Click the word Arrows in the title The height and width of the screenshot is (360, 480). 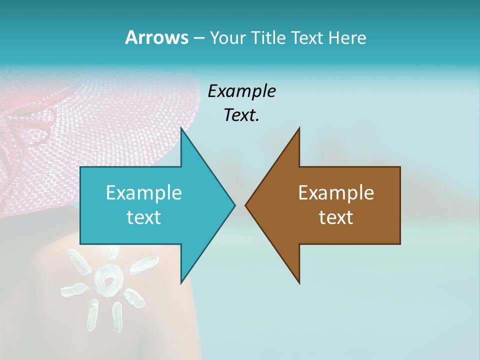coord(156,37)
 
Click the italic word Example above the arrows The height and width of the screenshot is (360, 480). coord(242,91)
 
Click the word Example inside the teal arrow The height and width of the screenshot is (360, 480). coord(144,192)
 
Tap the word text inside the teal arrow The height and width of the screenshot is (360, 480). coord(144,217)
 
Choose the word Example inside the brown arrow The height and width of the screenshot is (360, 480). coord(336,192)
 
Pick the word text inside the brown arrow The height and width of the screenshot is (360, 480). coord(336,217)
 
